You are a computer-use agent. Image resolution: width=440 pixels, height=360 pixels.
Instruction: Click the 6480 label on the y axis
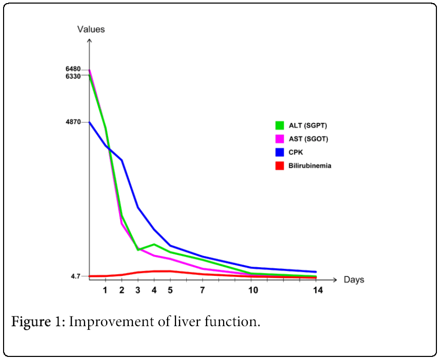pyautogui.click(x=73, y=69)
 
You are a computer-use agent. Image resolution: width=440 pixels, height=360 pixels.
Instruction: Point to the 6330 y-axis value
pyautogui.click(x=73, y=76)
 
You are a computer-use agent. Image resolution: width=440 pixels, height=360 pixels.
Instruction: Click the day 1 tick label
pyautogui.click(x=105, y=290)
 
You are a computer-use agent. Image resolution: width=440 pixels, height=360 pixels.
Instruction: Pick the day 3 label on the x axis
pyautogui.click(x=137, y=290)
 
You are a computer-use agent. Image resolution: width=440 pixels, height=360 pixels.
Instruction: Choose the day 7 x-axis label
pyautogui.click(x=203, y=290)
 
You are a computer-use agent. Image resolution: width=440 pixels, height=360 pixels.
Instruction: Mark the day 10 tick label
pyautogui.click(x=253, y=290)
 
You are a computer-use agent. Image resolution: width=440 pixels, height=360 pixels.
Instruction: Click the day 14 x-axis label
pyautogui.click(x=317, y=290)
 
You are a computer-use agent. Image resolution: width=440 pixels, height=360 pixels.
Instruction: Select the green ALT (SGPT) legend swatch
pyautogui.click(x=279, y=125)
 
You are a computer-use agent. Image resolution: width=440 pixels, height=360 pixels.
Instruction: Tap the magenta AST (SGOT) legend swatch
pyautogui.click(x=279, y=138)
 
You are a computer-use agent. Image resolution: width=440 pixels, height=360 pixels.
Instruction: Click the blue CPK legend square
pyautogui.click(x=279, y=152)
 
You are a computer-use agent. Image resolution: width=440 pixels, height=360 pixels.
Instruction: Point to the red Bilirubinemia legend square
pyautogui.click(x=279, y=166)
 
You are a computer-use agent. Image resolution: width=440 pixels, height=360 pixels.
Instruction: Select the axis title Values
pyautogui.click(x=91, y=29)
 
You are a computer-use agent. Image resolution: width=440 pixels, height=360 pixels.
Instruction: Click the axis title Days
pyautogui.click(x=354, y=280)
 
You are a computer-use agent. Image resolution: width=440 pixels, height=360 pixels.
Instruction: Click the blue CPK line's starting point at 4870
pyautogui.click(x=90, y=122)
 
